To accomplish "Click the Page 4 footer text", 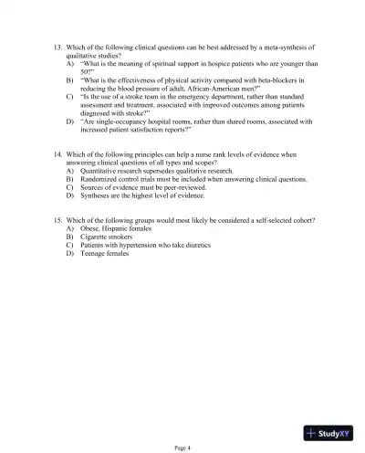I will pyautogui.click(x=182, y=445).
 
